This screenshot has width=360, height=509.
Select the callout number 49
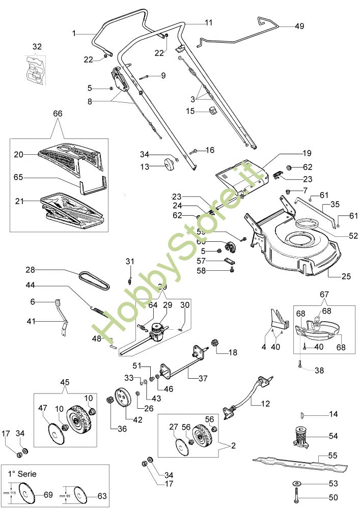point(299,26)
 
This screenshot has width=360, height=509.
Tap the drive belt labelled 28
point(97,280)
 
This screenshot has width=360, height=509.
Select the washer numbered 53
point(296,483)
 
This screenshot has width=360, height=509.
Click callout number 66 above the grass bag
point(58,114)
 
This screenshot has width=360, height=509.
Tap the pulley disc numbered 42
point(121,397)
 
